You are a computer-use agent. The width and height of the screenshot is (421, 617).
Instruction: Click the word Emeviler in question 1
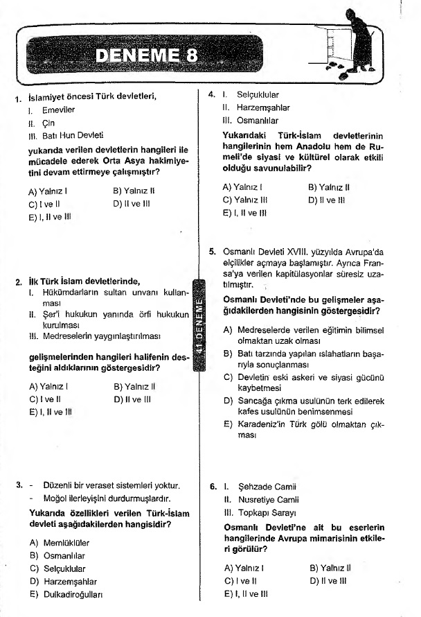tap(57, 110)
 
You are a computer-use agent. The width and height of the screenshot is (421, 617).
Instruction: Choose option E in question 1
tap(50, 216)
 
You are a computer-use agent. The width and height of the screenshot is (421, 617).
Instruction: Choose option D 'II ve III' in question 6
tap(328, 580)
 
